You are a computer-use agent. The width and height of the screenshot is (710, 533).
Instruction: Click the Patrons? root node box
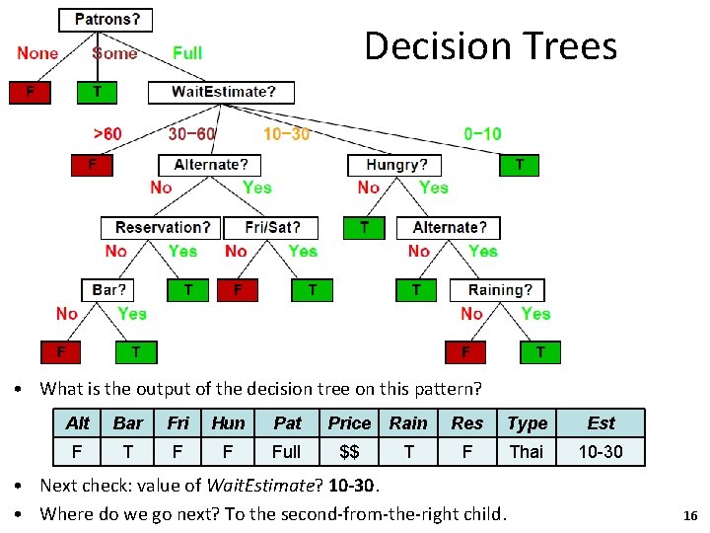pyautogui.click(x=107, y=19)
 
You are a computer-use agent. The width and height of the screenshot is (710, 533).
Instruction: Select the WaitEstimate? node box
pyautogui.click(x=224, y=92)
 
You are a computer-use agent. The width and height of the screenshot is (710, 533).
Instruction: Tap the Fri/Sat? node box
pyautogui.click(x=271, y=227)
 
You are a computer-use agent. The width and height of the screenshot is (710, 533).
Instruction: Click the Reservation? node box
pyautogui.click(x=161, y=227)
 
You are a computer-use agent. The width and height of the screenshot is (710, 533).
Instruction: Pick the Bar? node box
pyautogui.click(x=108, y=290)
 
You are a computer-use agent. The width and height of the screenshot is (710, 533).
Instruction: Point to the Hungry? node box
pyautogui.click(x=396, y=164)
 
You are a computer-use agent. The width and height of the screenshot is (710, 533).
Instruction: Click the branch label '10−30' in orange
pyautogui.click(x=286, y=133)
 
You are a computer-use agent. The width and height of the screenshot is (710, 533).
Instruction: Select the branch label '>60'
pyautogui.click(x=107, y=133)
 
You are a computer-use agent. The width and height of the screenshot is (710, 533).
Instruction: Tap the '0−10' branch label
pyautogui.click(x=482, y=133)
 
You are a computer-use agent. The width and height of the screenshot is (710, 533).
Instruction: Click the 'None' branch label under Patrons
pyautogui.click(x=37, y=53)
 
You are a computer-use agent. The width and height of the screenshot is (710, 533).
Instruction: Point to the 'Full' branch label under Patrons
pyautogui.click(x=187, y=53)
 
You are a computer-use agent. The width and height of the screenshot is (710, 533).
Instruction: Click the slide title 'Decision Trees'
pyautogui.click(x=490, y=45)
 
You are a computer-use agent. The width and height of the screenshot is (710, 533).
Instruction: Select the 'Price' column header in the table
pyautogui.click(x=349, y=422)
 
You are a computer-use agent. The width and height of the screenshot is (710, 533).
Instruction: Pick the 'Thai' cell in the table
pyautogui.click(x=527, y=451)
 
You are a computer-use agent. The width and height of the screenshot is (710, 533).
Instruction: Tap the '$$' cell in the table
pyautogui.click(x=349, y=451)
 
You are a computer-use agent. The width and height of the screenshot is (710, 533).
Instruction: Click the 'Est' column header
pyautogui.click(x=601, y=422)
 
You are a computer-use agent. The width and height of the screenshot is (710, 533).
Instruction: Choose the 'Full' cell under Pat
pyautogui.click(x=287, y=451)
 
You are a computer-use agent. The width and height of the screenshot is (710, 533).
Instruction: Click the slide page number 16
pyautogui.click(x=690, y=515)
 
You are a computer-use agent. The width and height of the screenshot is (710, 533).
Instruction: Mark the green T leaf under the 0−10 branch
pyautogui.click(x=520, y=165)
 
